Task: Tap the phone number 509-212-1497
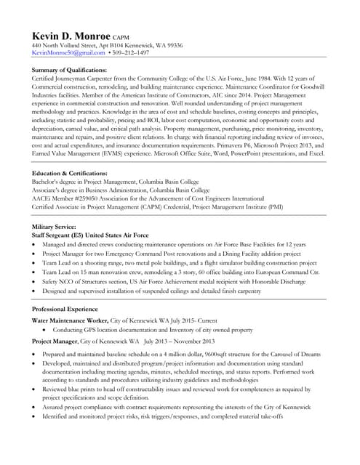(x=131, y=53)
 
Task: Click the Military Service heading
(x=55, y=227)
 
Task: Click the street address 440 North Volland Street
(x=71, y=45)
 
